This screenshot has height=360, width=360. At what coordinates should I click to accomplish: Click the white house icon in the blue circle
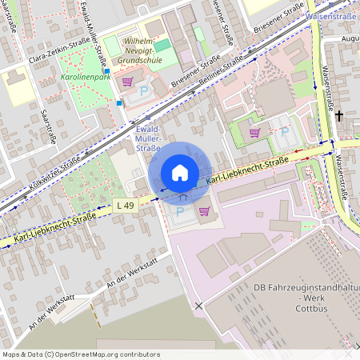[x=180, y=172]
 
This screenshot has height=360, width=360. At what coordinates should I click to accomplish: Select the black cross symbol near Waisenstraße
[x=338, y=117]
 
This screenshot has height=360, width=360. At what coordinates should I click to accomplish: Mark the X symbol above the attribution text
[x=198, y=306]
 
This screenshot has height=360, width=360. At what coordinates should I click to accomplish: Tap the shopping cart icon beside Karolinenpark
[x=126, y=81]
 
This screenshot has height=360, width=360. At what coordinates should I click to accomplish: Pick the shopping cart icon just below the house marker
[x=205, y=212]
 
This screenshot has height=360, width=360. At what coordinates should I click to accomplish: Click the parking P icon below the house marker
[x=180, y=212]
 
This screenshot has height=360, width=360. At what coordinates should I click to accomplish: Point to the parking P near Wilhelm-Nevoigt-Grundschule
[x=144, y=92]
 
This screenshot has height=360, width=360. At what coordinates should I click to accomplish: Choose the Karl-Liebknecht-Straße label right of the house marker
[x=247, y=172]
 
